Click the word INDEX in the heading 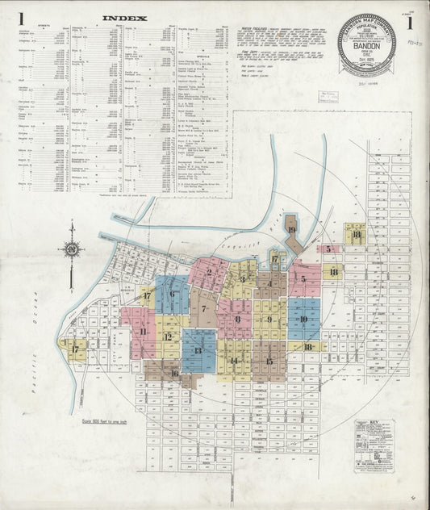click(125, 17)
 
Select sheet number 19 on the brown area click(290, 231)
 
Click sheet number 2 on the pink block click(209, 272)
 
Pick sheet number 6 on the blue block click(172, 295)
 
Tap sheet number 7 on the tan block click(204, 308)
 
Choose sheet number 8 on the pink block click(237, 319)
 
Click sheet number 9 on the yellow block click(270, 319)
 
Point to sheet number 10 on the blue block click(303, 319)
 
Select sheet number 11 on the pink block click(143, 331)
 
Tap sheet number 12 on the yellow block click(168, 337)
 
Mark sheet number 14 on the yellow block click(234, 361)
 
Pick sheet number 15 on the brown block click(269, 360)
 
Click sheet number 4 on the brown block click(269, 283)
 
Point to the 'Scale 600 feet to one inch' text click(108, 421)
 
